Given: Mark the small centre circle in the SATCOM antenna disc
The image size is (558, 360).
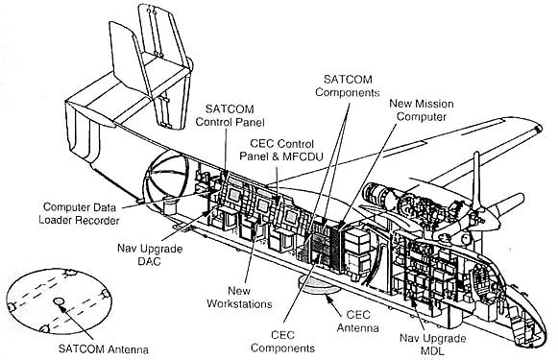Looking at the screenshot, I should coord(57,301).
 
